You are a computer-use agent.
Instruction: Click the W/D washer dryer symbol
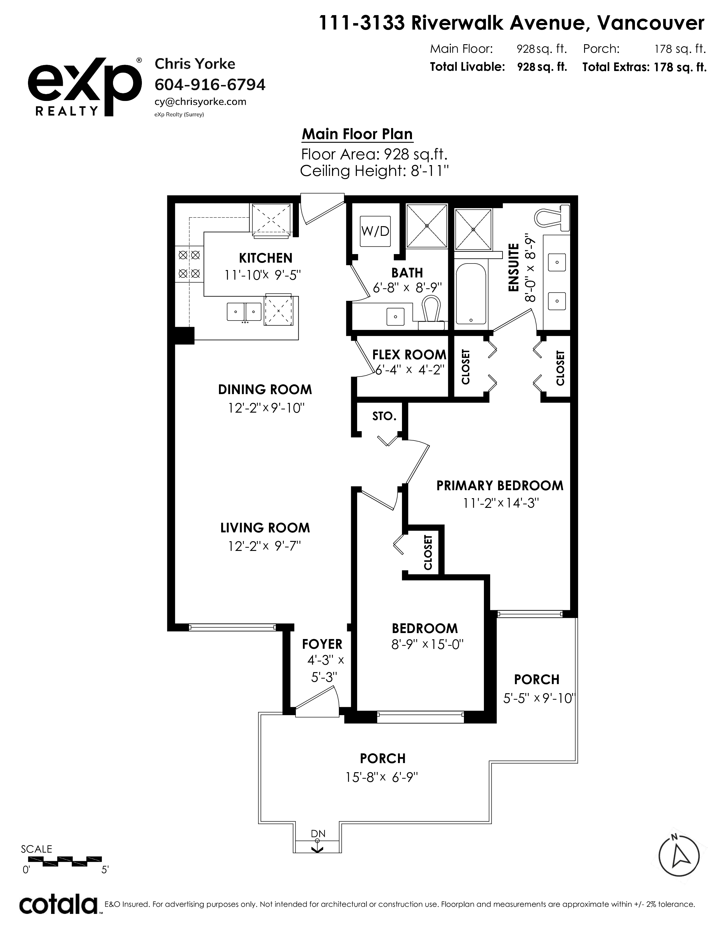pyautogui.click(x=375, y=231)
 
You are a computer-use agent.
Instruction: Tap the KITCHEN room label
pyautogui.click(x=266, y=258)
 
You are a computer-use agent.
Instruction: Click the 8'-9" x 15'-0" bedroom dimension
pyautogui.click(x=427, y=644)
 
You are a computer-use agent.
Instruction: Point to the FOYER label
pyautogui.click(x=322, y=644)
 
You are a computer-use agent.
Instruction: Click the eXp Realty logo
pyautogui.click(x=85, y=87)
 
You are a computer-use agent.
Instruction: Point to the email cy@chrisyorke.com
pyautogui.click(x=200, y=102)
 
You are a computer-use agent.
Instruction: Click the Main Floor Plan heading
pyautogui.click(x=357, y=134)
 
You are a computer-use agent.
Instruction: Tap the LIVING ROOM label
pyautogui.click(x=265, y=528)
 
